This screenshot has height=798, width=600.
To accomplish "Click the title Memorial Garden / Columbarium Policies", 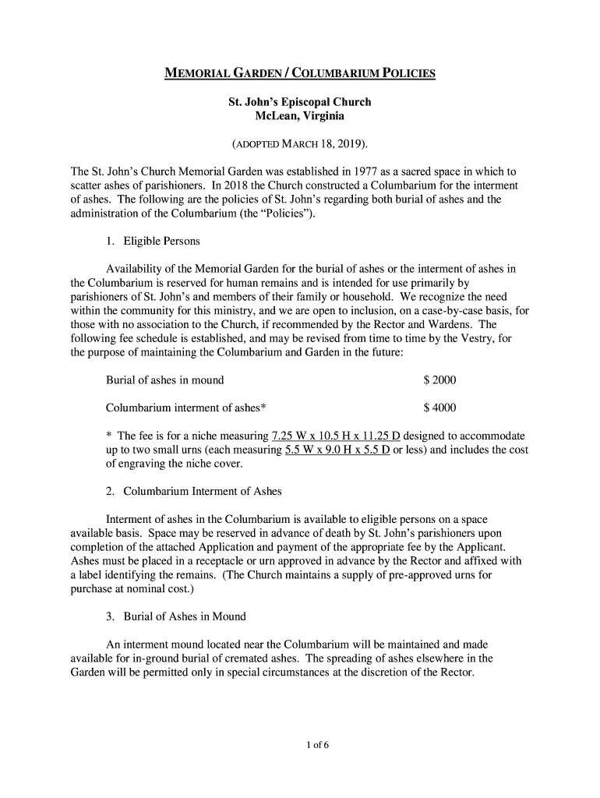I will point(299,75).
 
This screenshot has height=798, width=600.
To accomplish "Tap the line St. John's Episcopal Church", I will point(299,102).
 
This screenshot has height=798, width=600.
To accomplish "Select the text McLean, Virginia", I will point(299,116).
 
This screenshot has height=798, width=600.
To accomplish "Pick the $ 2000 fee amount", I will point(439,380).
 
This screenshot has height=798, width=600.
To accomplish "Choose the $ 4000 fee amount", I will point(439,408).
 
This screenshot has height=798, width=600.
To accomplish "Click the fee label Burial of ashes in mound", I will point(164,380).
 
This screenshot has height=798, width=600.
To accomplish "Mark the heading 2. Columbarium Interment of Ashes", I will point(193,492).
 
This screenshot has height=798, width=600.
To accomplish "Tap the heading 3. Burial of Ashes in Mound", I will point(175,616).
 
